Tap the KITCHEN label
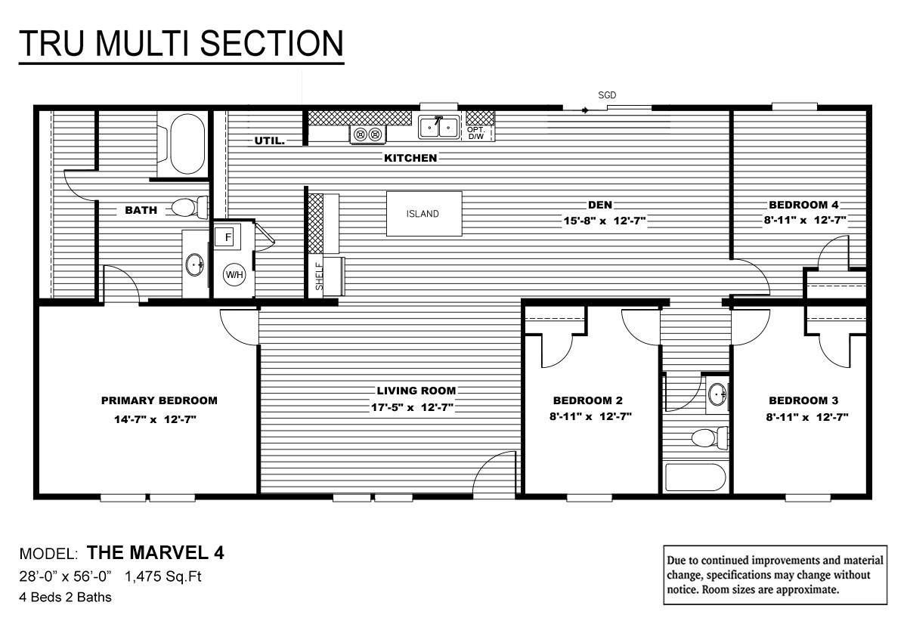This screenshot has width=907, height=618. [410, 158]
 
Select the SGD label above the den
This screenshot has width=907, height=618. [607, 96]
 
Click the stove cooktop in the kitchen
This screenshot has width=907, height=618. [368, 134]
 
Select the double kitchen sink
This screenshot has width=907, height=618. [439, 128]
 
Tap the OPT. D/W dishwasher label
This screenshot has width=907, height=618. [476, 133]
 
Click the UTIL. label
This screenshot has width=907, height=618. [269, 141]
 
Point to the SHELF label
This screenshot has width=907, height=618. [318, 277]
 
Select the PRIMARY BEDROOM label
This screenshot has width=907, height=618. [159, 400]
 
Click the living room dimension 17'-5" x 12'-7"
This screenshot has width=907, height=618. [416, 407]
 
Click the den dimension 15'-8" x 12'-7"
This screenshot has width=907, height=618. [600, 221]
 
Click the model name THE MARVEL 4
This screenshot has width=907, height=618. [155, 553]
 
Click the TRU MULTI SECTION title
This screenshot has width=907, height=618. [181, 44]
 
